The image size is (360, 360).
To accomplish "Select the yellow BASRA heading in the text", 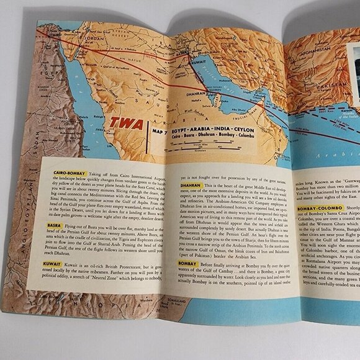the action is point(49,225).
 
